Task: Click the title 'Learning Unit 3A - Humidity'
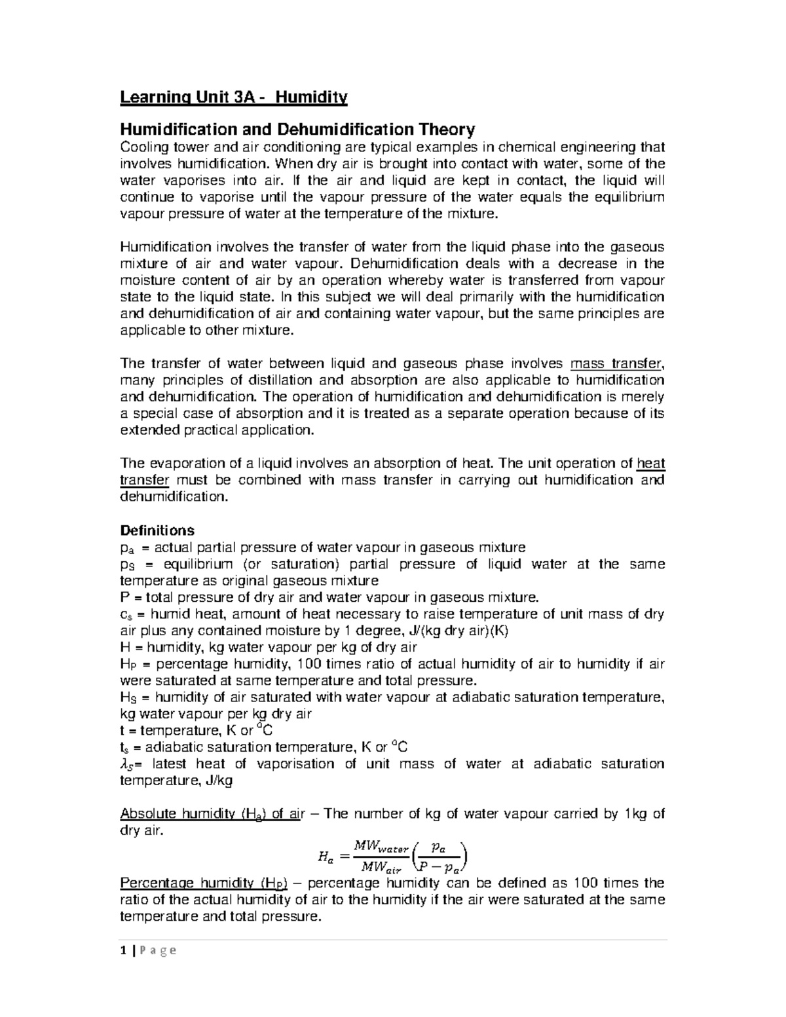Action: click(x=233, y=98)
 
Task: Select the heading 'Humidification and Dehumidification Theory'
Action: click(x=297, y=129)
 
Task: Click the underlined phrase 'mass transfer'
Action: click(x=617, y=364)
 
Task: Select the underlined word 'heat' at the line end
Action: click(x=651, y=464)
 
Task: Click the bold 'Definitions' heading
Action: click(x=157, y=530)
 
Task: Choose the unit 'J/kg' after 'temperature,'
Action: click(x=218, y=781)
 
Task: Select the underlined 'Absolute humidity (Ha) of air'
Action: click(x=213, y=814)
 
